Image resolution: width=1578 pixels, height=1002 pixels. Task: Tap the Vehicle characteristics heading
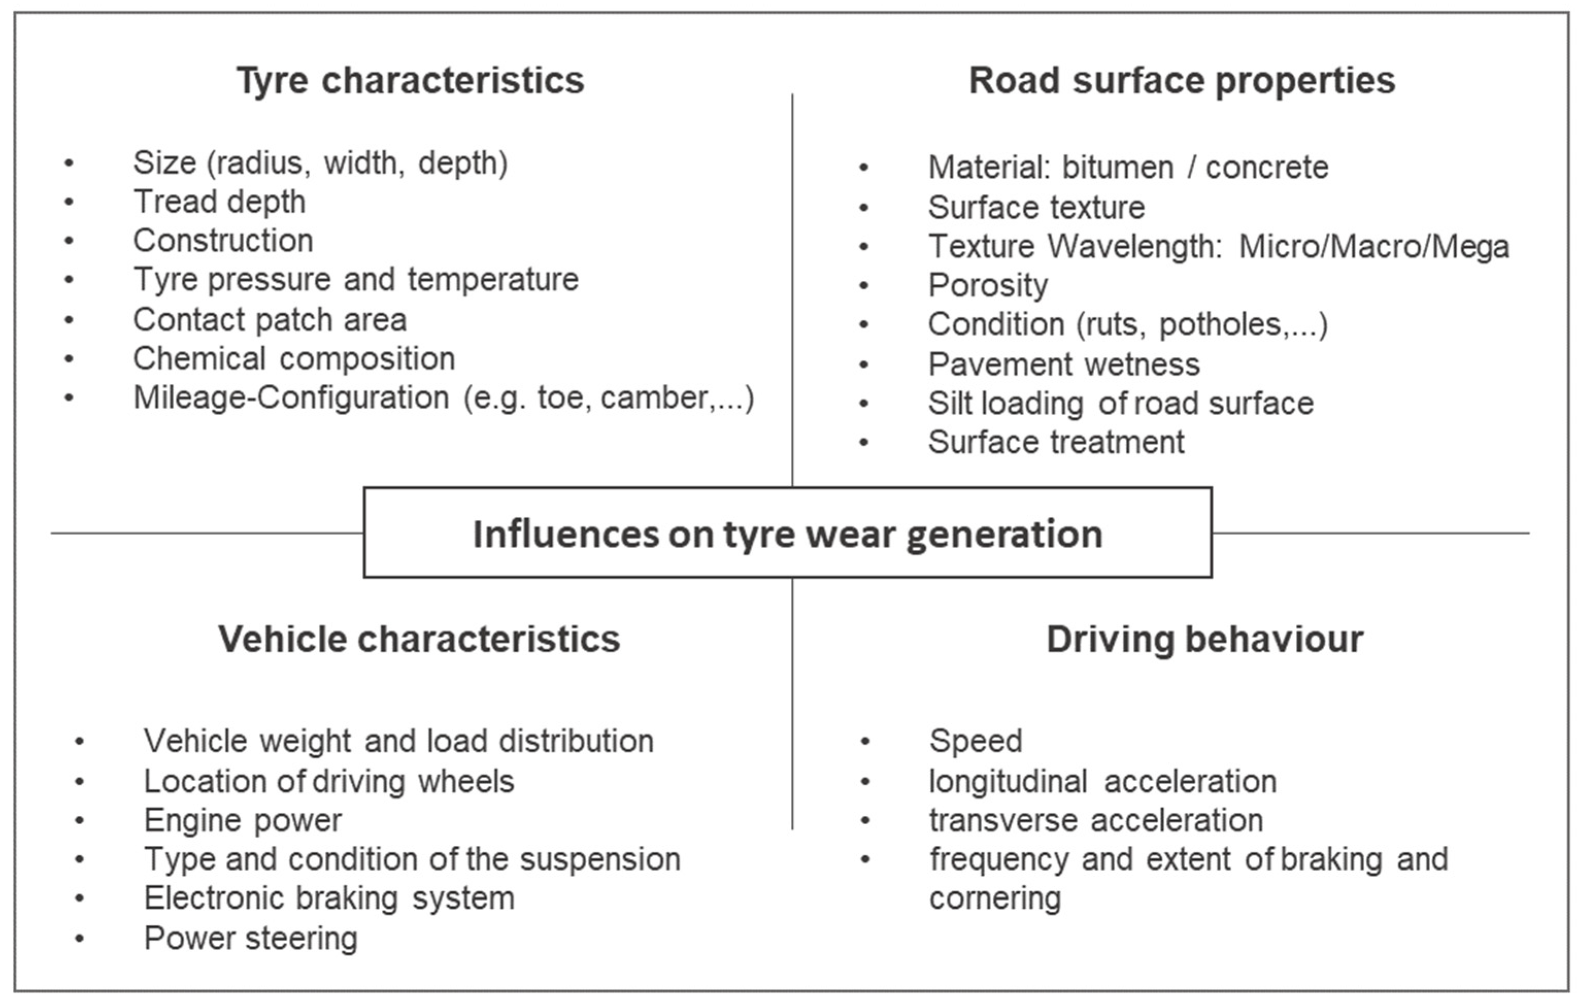(419, 639)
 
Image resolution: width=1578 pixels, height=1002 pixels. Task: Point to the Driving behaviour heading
(1205, 639)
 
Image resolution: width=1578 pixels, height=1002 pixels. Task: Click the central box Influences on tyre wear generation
(788, 532)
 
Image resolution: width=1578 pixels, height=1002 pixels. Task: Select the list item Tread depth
(219, 202)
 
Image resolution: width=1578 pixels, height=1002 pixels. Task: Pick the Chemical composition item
(294, 359)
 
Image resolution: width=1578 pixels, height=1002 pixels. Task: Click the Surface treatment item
(1056, 441)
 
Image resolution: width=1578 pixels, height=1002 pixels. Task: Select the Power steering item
(251, 938)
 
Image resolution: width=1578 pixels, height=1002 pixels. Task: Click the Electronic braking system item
(330, 898)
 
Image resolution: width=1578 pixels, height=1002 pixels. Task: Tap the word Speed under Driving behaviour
(976, 742)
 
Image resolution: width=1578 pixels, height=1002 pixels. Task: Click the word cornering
(995, 899)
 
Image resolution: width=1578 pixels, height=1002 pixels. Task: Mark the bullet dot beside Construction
(69, 241)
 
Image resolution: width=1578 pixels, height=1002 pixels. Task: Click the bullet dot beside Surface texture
(864, 208)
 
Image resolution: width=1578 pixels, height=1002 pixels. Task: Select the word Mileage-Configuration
(292, 398)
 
